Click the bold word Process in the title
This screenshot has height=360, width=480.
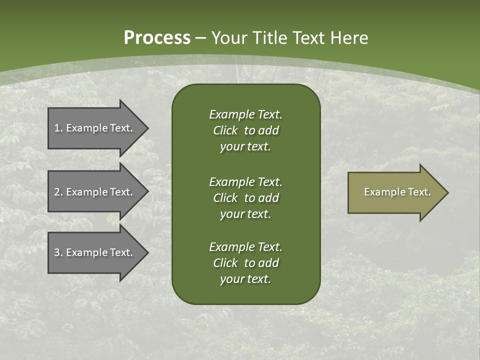157,38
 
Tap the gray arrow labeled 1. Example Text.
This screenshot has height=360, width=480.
95,128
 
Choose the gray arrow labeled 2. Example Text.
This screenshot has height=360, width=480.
95,192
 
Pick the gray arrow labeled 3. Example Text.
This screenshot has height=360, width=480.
95,252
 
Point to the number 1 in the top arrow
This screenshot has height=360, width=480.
57,128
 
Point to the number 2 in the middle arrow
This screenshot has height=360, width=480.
57,192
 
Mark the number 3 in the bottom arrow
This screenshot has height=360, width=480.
57,252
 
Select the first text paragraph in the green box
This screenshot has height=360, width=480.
245,130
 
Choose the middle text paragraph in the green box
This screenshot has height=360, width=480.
245,197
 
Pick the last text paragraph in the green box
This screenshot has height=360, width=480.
245,263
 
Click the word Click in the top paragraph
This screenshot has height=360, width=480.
225,130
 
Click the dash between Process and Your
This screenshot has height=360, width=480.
201,38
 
